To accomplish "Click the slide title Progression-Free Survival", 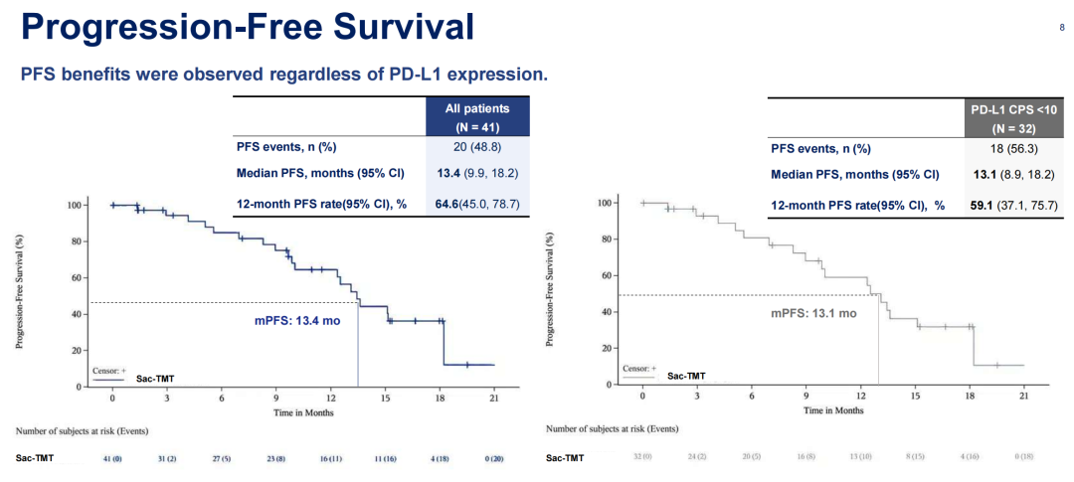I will pyautogui.click(x=247, y=28).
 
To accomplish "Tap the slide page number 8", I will pyautogui.click(x=1061, y=28).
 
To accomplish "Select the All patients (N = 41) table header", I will pyautogui.click(x=476, y=117).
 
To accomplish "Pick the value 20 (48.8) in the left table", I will pyautogui.click(x=476, y=148).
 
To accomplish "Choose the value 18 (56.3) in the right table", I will pyautogui.click(x=1013, y=149).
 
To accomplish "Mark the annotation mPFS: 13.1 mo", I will pyautogui.click(x=813, y=312).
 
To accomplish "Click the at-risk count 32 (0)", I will pyautogui.click(x=642, y=457).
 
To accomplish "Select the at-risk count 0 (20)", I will pyautogui.click(x=493, y=458).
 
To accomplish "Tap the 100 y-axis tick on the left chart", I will pyautogui.click(x=74, y=205).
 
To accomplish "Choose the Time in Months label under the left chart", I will pyautogui.click(x=302, y=410).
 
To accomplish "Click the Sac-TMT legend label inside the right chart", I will pyautogui.click(x=686, y=377).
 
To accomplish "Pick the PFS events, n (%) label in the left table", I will pyautogui.click(x=286, y=148).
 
